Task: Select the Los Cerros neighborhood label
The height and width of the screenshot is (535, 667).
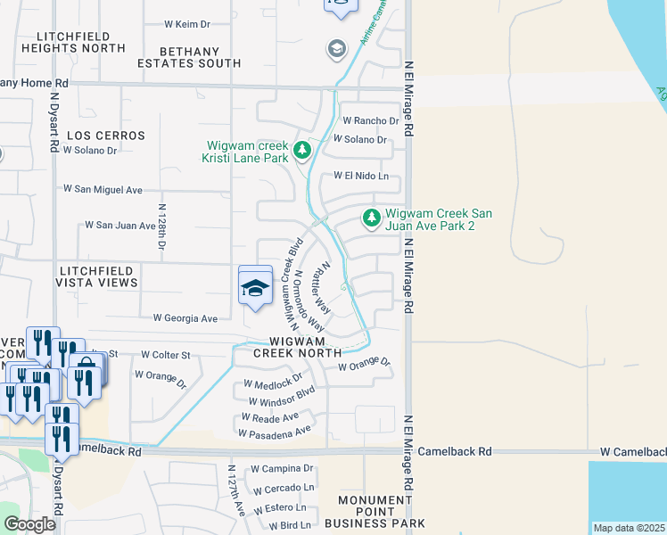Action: point(105,136)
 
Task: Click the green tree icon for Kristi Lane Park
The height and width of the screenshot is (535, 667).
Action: point(302,151)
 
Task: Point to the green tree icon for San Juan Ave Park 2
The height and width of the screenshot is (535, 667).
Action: point(370,218)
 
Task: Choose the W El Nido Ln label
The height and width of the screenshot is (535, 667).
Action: point(361,177)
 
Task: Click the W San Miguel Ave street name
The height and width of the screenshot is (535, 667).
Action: point(103,189)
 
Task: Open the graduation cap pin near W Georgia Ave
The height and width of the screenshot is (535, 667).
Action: point(255,286)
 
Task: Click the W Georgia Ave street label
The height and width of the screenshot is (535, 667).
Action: point(185,318)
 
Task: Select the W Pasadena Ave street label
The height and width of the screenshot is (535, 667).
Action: point(274,432)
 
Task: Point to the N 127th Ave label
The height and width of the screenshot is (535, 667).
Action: point(236,490)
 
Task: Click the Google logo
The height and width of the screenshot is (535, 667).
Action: point(29,524)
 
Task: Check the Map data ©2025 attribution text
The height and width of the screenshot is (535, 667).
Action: point(628,528)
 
